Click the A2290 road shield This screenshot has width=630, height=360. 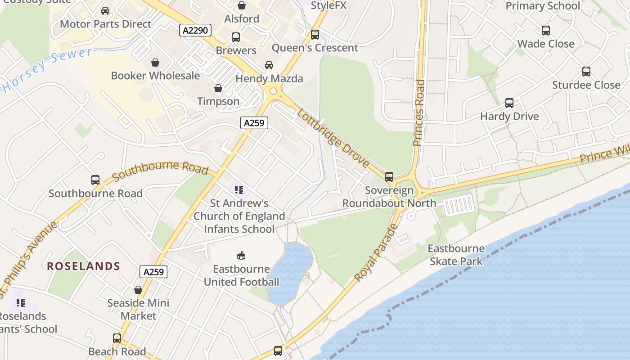[195, 30]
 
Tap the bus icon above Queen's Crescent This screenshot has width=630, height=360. [315, 34]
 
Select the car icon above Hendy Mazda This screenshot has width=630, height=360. [269, 65]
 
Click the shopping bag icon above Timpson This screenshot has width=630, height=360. [218, 88]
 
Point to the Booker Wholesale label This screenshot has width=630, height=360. [155, 76]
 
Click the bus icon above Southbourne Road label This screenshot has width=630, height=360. [95, 180]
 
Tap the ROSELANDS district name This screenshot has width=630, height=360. [84, 266]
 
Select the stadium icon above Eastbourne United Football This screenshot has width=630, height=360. [242, 256]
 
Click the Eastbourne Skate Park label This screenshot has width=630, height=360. [456, 255]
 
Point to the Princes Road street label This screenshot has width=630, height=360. [419, 112]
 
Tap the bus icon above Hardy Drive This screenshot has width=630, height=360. [509, 103]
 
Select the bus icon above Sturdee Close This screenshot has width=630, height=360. [586, 72]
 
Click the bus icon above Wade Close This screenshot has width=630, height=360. [546, 31]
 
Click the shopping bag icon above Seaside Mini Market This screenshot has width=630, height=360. [138, 290]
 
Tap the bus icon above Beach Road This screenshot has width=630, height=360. [117, 338]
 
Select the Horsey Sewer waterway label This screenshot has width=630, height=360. [45, 70]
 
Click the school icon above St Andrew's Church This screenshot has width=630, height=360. [239, 190]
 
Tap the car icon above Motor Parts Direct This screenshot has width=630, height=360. [105, 10]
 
